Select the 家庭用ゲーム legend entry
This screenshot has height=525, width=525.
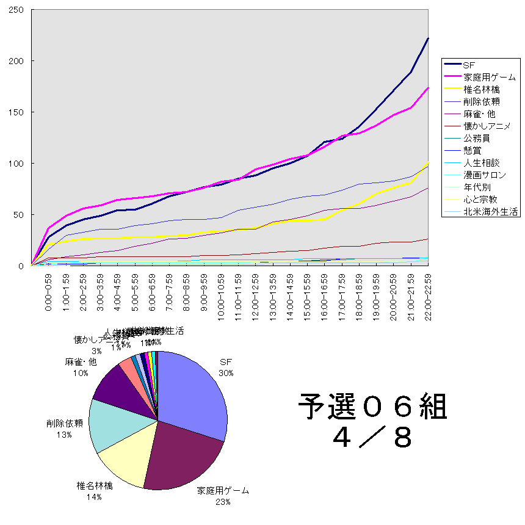click(x=489, y=78)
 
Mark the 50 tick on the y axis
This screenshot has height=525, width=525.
click(x=18, y=214)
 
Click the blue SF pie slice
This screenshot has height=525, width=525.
click(x=192, y=391)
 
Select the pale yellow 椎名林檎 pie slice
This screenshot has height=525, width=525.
click(x=122, y=461)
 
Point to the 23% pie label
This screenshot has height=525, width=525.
click(x=222, y=502)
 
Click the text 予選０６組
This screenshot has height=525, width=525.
click(x=372, y=407)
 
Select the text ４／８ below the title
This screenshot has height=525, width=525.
click(x=372, y=436)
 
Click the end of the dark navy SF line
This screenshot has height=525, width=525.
click(x=428, y=38)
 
